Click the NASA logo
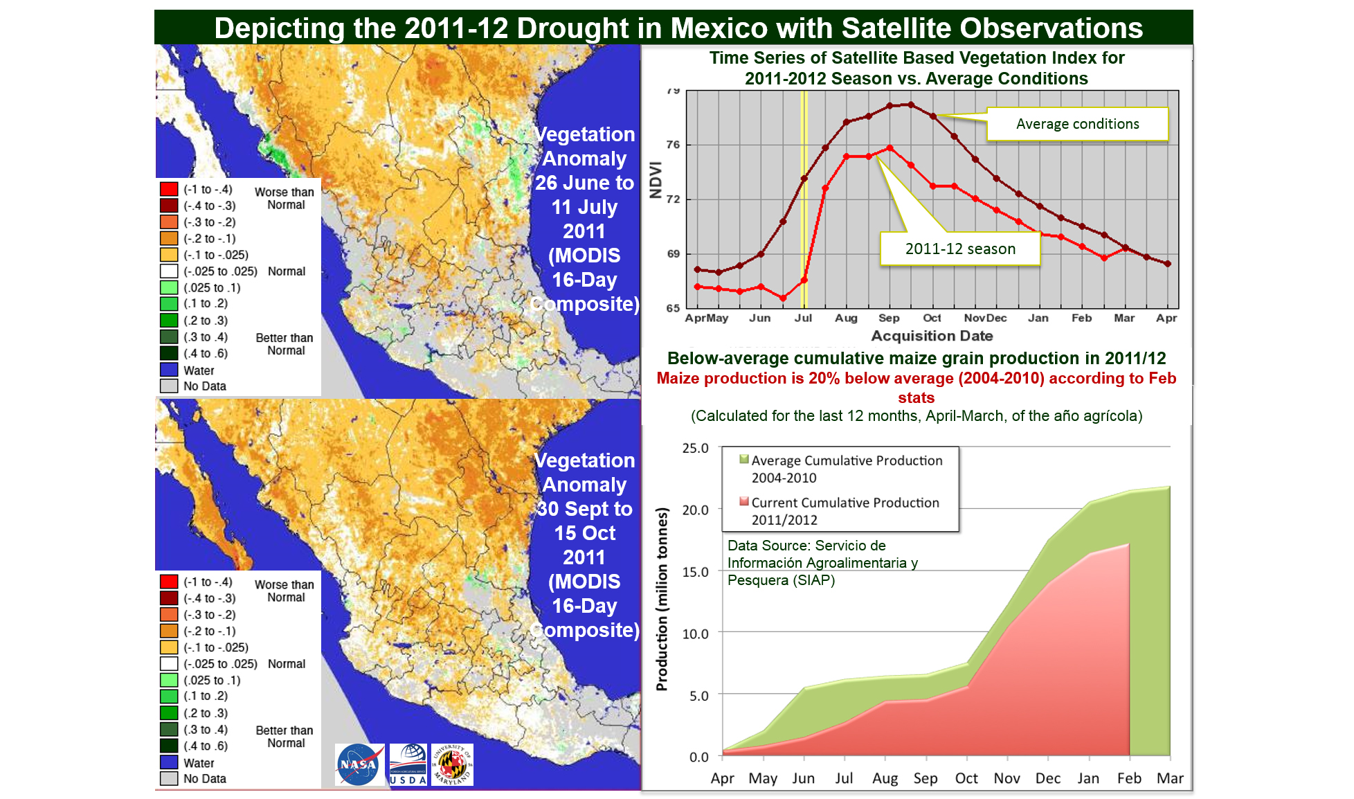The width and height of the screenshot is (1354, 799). click(359, 764)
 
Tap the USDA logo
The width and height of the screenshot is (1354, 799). click(408, 764)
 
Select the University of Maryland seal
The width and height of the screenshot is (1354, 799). click(452, 764)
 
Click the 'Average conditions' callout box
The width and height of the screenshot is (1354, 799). click(1077, 124)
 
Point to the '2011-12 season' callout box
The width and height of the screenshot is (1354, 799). click(960, 249)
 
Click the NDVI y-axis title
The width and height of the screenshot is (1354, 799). click(656, 180)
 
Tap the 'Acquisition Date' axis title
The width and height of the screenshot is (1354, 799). click(932, 336)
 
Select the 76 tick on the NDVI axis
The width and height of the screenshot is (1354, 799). click(673, 145)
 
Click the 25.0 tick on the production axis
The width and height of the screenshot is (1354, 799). click(695, 448)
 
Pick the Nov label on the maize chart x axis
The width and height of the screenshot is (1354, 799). click(1007, 778)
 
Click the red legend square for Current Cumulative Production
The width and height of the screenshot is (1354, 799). click(744, 501)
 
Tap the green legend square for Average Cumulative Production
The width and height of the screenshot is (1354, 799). click(744, 459)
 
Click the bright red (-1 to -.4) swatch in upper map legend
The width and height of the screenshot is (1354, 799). click(169, 189)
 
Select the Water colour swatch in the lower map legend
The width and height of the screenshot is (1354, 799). click(169, 762)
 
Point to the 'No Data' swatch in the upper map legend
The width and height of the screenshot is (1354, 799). click(169, 386)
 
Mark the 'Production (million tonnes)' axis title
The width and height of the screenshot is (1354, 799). click(662, 599)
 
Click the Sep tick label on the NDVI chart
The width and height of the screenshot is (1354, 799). click(889, 318)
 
